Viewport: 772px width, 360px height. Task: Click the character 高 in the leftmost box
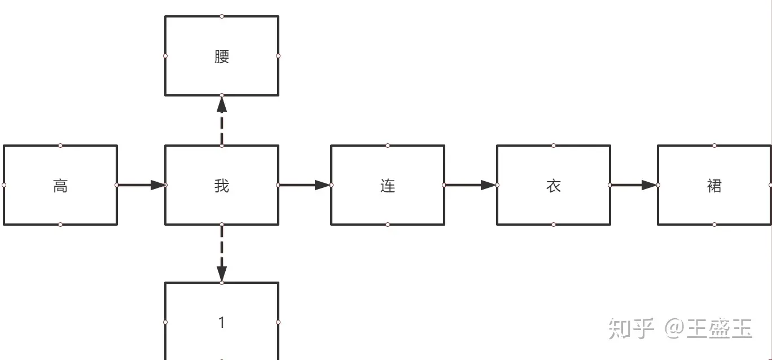pos(60,186)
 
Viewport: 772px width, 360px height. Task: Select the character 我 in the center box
pos(222,186)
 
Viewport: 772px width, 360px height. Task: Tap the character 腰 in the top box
pos(222,56)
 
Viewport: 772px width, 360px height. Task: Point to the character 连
pos(388,186)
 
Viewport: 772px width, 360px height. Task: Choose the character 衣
pos(554,186)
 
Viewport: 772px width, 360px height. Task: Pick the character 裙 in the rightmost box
pos(714,186)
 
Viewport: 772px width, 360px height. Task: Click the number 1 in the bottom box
pos(222,322)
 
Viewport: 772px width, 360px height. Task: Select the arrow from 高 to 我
pos(141,185)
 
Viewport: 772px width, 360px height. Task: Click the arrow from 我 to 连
pos(305,185)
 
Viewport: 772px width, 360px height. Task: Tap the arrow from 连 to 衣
pos(471,185)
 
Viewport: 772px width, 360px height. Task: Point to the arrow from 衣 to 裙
pos(634,185)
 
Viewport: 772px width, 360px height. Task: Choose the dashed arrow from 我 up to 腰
pos(222,121)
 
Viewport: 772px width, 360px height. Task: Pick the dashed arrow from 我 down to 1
pos(222,253)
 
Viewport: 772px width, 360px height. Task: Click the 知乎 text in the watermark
pos(631,328)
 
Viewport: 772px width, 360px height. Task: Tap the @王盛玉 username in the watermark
pos(709,328)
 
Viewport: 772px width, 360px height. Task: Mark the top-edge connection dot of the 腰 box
pos(222,16)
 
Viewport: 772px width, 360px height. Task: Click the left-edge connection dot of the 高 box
pos(4,185)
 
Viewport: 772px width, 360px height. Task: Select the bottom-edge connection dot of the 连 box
pos(388,225)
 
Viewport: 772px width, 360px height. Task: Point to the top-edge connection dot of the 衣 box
pos(554,146)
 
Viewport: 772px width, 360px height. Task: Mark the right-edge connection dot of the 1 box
pos(278,322)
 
